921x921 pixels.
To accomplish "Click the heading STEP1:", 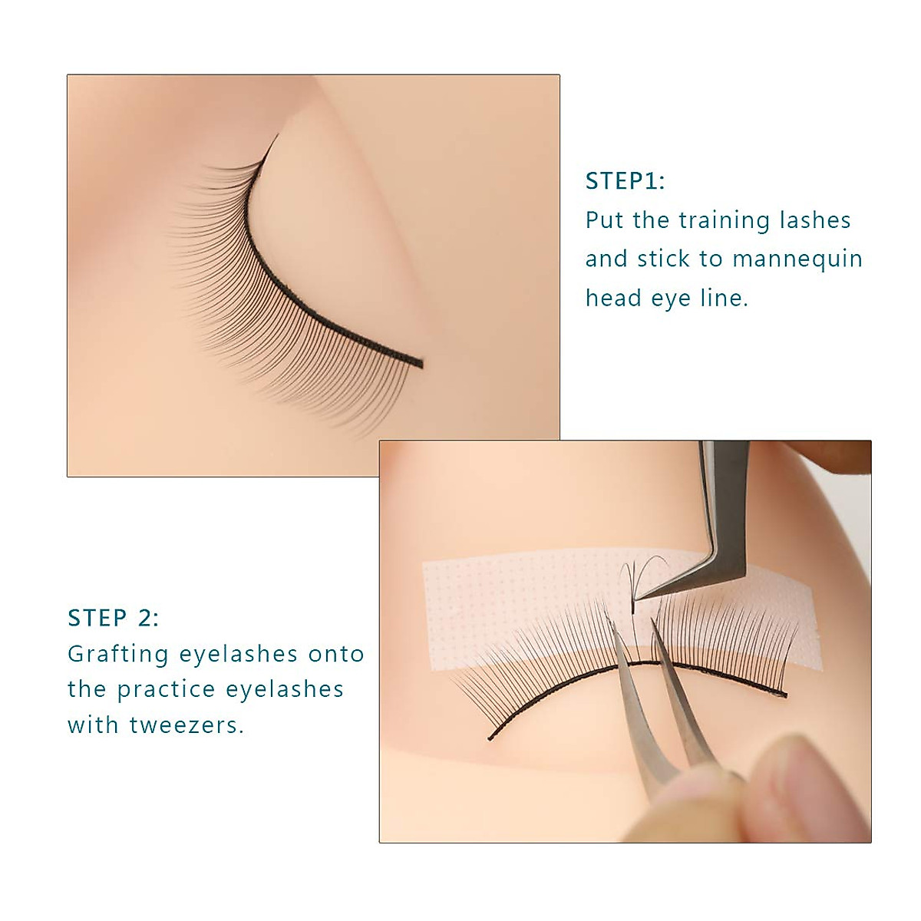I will (625, 181).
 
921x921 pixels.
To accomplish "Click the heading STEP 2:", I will (114, 618).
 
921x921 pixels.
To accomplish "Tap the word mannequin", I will (797, 259).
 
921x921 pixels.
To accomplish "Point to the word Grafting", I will (118, 655).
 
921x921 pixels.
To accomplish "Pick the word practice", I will (167, 689).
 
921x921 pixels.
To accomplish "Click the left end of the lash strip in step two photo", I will (490, 738).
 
